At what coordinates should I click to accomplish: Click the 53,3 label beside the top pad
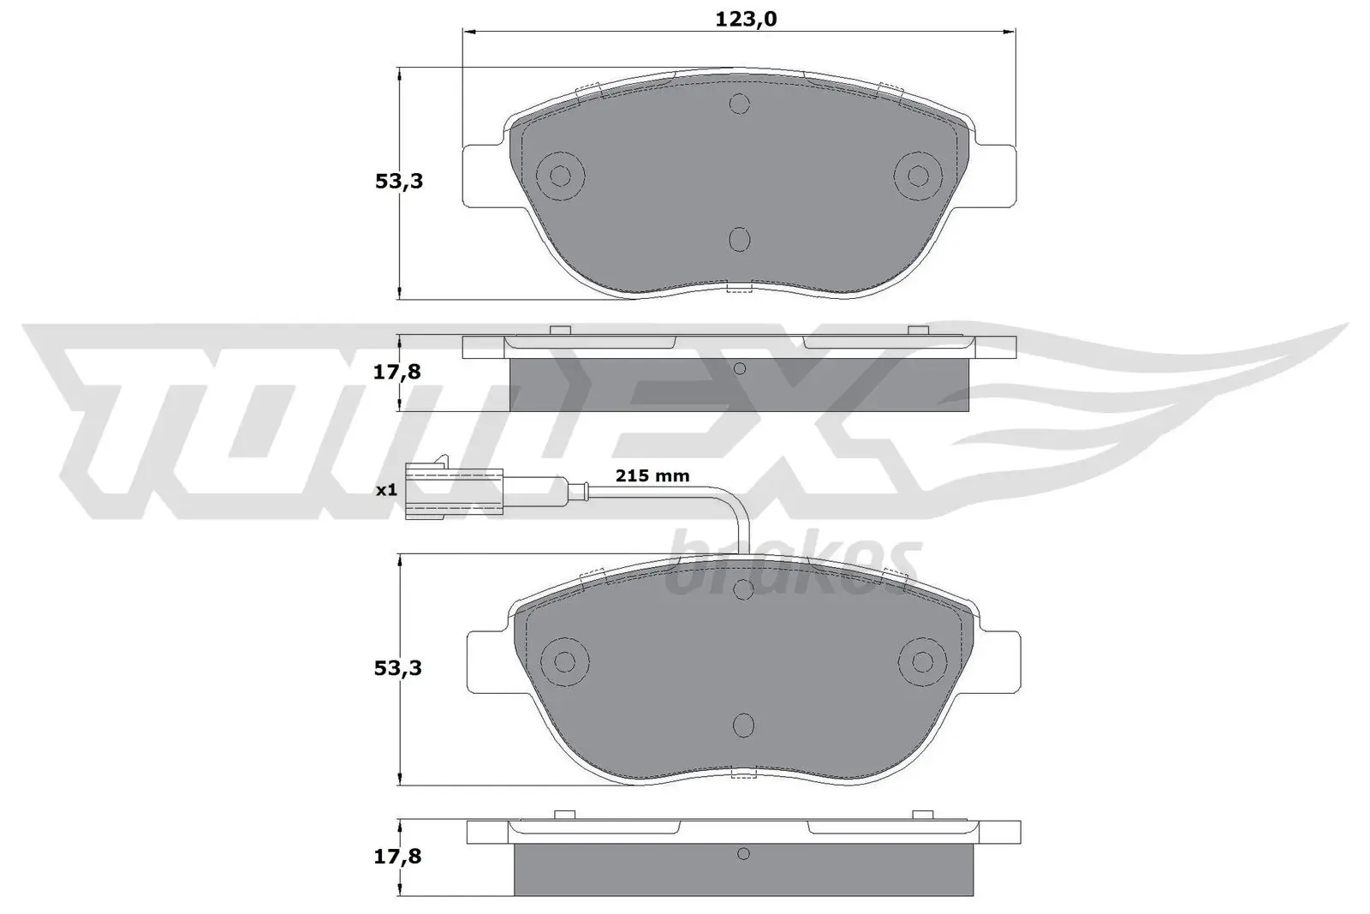[399, 182]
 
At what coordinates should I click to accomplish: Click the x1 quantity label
[386, 491]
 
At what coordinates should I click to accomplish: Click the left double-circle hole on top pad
[560, 176]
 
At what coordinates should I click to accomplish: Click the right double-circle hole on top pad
[918, 176]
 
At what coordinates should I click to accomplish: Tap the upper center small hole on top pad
[739, 104]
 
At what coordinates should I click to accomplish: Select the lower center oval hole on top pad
[739, 240]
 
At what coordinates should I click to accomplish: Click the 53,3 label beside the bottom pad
[399, 667]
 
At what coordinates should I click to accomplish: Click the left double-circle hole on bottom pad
[565, 661]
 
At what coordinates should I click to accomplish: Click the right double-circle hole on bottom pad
[922, 661]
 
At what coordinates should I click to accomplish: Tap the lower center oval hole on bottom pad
[743, 726]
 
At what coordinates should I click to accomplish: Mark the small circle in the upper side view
[740, 368]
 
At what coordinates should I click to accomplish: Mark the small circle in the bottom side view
[743, 853]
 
